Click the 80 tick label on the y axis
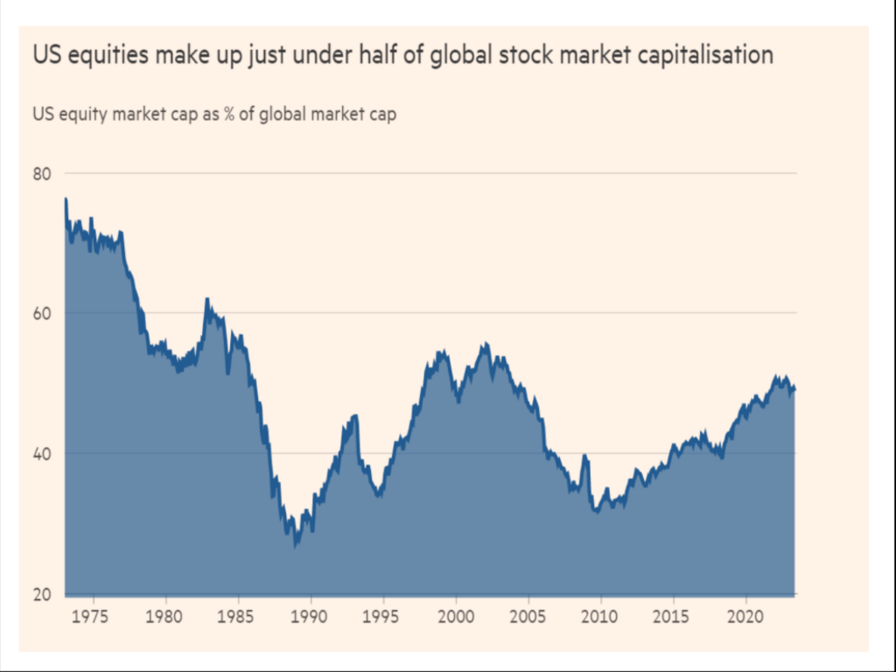point(42,173)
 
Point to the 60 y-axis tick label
point(42,313)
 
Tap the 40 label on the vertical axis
point(42,453)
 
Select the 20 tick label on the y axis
point(42,594)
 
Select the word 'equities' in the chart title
point(101,55)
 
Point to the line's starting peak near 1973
point(66,199)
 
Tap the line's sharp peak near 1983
point(207,299)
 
